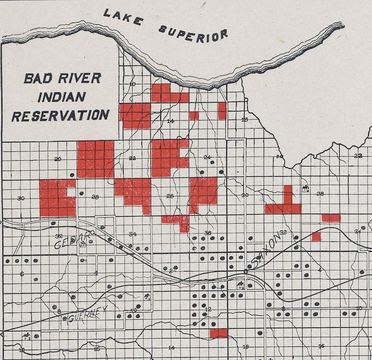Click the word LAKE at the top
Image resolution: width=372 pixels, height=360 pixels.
(124, 18)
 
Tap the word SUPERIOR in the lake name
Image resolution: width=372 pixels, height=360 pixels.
(193, 33)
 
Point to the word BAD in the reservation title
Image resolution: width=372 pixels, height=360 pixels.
(38, 78)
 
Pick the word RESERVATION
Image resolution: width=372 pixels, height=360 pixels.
(60, 115)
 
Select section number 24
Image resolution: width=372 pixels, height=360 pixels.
(207, 157)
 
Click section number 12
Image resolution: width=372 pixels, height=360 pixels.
(208, 309)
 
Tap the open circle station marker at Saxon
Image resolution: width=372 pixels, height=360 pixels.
(245, 271)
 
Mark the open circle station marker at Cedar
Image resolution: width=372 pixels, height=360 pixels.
(92, 232)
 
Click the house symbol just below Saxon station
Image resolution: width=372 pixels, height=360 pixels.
(240, 285)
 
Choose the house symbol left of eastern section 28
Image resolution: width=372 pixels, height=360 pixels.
(306, 189)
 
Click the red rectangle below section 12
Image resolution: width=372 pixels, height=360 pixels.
(218, 333)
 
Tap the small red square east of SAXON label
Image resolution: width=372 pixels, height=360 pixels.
(316, 237)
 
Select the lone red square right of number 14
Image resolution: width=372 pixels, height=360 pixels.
(194, 116)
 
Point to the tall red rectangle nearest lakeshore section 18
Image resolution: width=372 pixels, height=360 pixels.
(222, 111)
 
